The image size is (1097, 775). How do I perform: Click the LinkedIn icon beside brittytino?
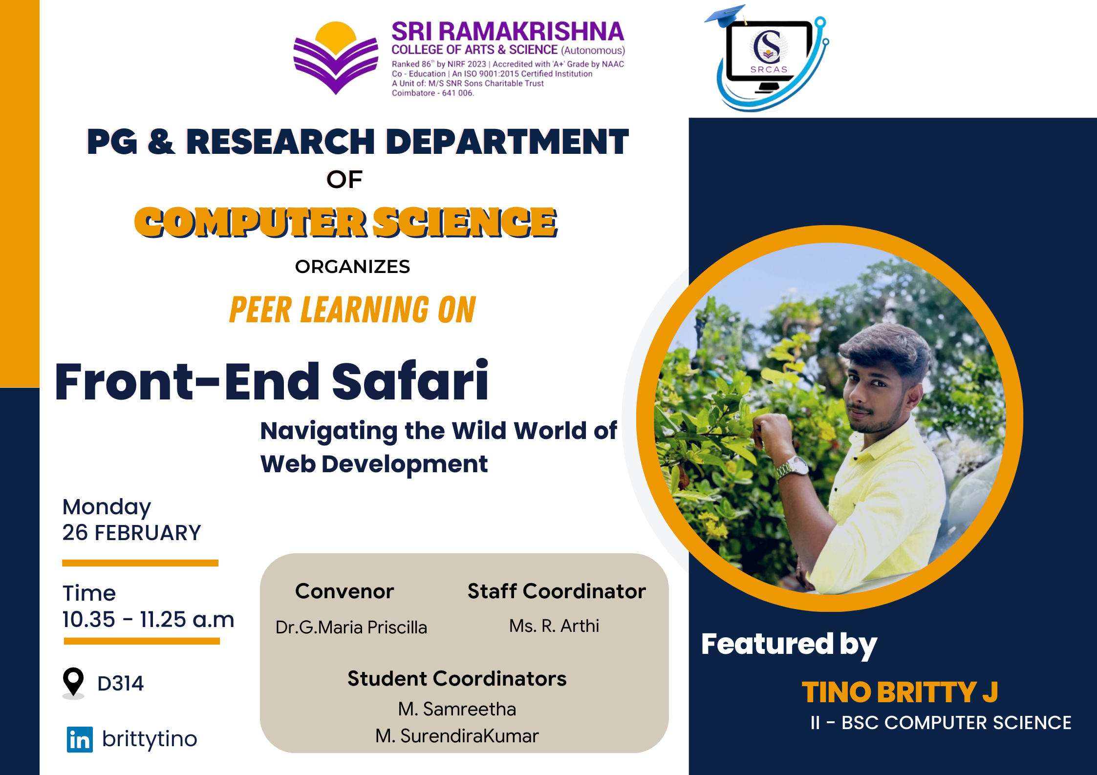coord(80,739)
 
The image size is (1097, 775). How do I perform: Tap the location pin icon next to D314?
coord(73,682)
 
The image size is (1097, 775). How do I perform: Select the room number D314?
coord(120,684)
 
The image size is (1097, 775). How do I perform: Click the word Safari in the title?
coord(410,381)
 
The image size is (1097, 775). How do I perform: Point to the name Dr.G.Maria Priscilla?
coord(351,627)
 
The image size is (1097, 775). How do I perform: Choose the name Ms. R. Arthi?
coord(554,626)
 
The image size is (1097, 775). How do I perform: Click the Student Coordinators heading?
coord(457,678)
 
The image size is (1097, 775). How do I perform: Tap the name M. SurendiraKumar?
coord(457,736)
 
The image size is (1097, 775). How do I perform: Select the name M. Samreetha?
coord(457,709)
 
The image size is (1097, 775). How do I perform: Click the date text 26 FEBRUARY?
coord(131,533)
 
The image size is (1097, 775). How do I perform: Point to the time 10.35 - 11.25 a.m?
coord(148,619)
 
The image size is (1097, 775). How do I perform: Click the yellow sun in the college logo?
coord(336,38)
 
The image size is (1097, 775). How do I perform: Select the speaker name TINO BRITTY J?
coord(900,692)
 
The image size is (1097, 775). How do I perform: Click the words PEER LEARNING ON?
coord(352,310)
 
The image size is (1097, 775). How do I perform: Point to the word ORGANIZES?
coord(352,267)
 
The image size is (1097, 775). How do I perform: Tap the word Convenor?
coord(344,591)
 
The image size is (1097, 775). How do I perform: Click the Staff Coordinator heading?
coord(557,591)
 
